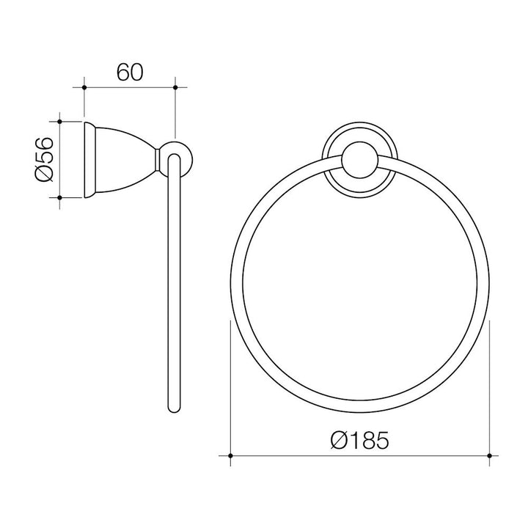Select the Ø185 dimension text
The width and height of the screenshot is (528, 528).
(x=359, y=441)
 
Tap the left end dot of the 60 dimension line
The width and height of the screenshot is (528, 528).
(x=85, y=87)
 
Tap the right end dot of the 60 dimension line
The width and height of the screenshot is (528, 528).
(x=175, y=87)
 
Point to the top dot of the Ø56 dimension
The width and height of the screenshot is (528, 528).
(x=59, y=122)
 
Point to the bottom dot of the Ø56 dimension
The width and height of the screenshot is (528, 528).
(x=59, y=197)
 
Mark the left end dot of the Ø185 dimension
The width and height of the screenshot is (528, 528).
(x=231, y=455)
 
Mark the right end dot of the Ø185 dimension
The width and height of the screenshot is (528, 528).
(x=489, y=455)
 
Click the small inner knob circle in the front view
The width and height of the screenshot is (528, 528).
(x=360, y=161)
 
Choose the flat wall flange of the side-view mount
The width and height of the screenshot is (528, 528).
(x=89, y=159)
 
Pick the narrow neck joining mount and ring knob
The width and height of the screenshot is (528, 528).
(x=158, y=159)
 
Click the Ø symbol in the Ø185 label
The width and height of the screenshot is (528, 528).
(x=339, y=441)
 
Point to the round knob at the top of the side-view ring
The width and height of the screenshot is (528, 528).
(x=176, y=158)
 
